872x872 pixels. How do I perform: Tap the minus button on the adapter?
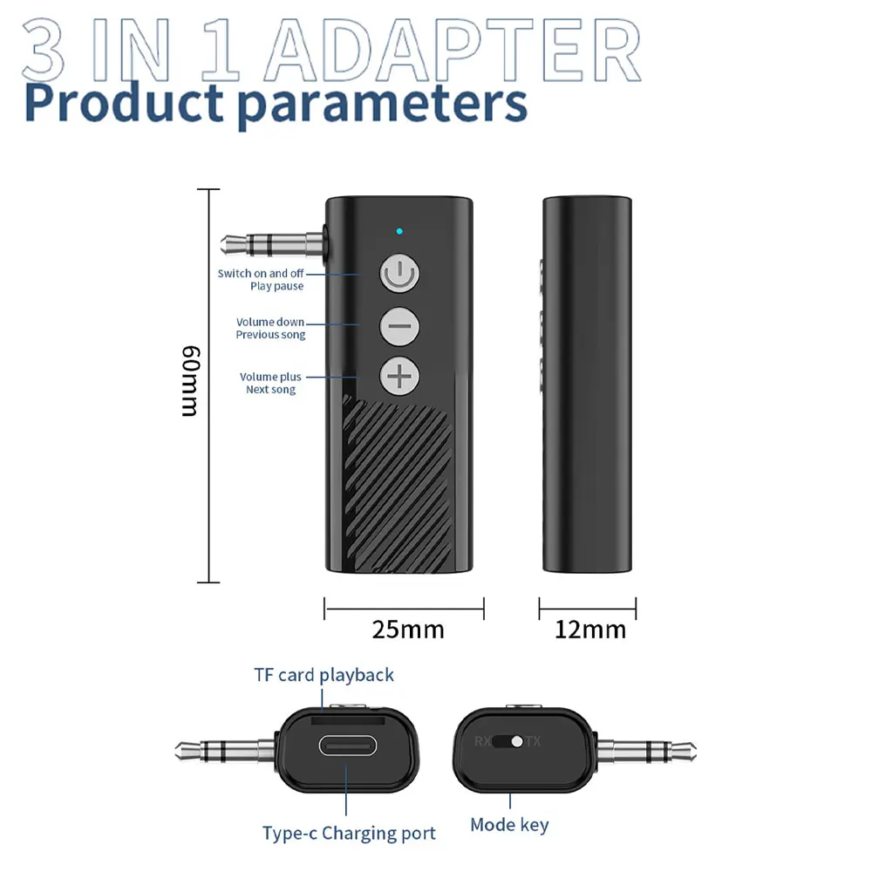coord(399,326)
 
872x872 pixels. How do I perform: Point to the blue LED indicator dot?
coord(399,232)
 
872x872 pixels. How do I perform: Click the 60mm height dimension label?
coord(190,381)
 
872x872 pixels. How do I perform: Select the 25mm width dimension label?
coord(407,629)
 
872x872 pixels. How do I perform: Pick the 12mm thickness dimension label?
coord(590,629)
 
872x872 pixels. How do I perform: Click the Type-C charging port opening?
coord(346,746)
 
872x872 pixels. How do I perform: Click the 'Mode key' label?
coord(509,824)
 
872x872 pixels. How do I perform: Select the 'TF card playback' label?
coord(324,675)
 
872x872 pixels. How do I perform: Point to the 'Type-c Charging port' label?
coord(349,833)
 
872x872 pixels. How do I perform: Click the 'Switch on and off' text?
coord(261,274)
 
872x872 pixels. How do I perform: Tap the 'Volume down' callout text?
coord(270,323)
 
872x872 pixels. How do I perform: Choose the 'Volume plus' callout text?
coord(270,377)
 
